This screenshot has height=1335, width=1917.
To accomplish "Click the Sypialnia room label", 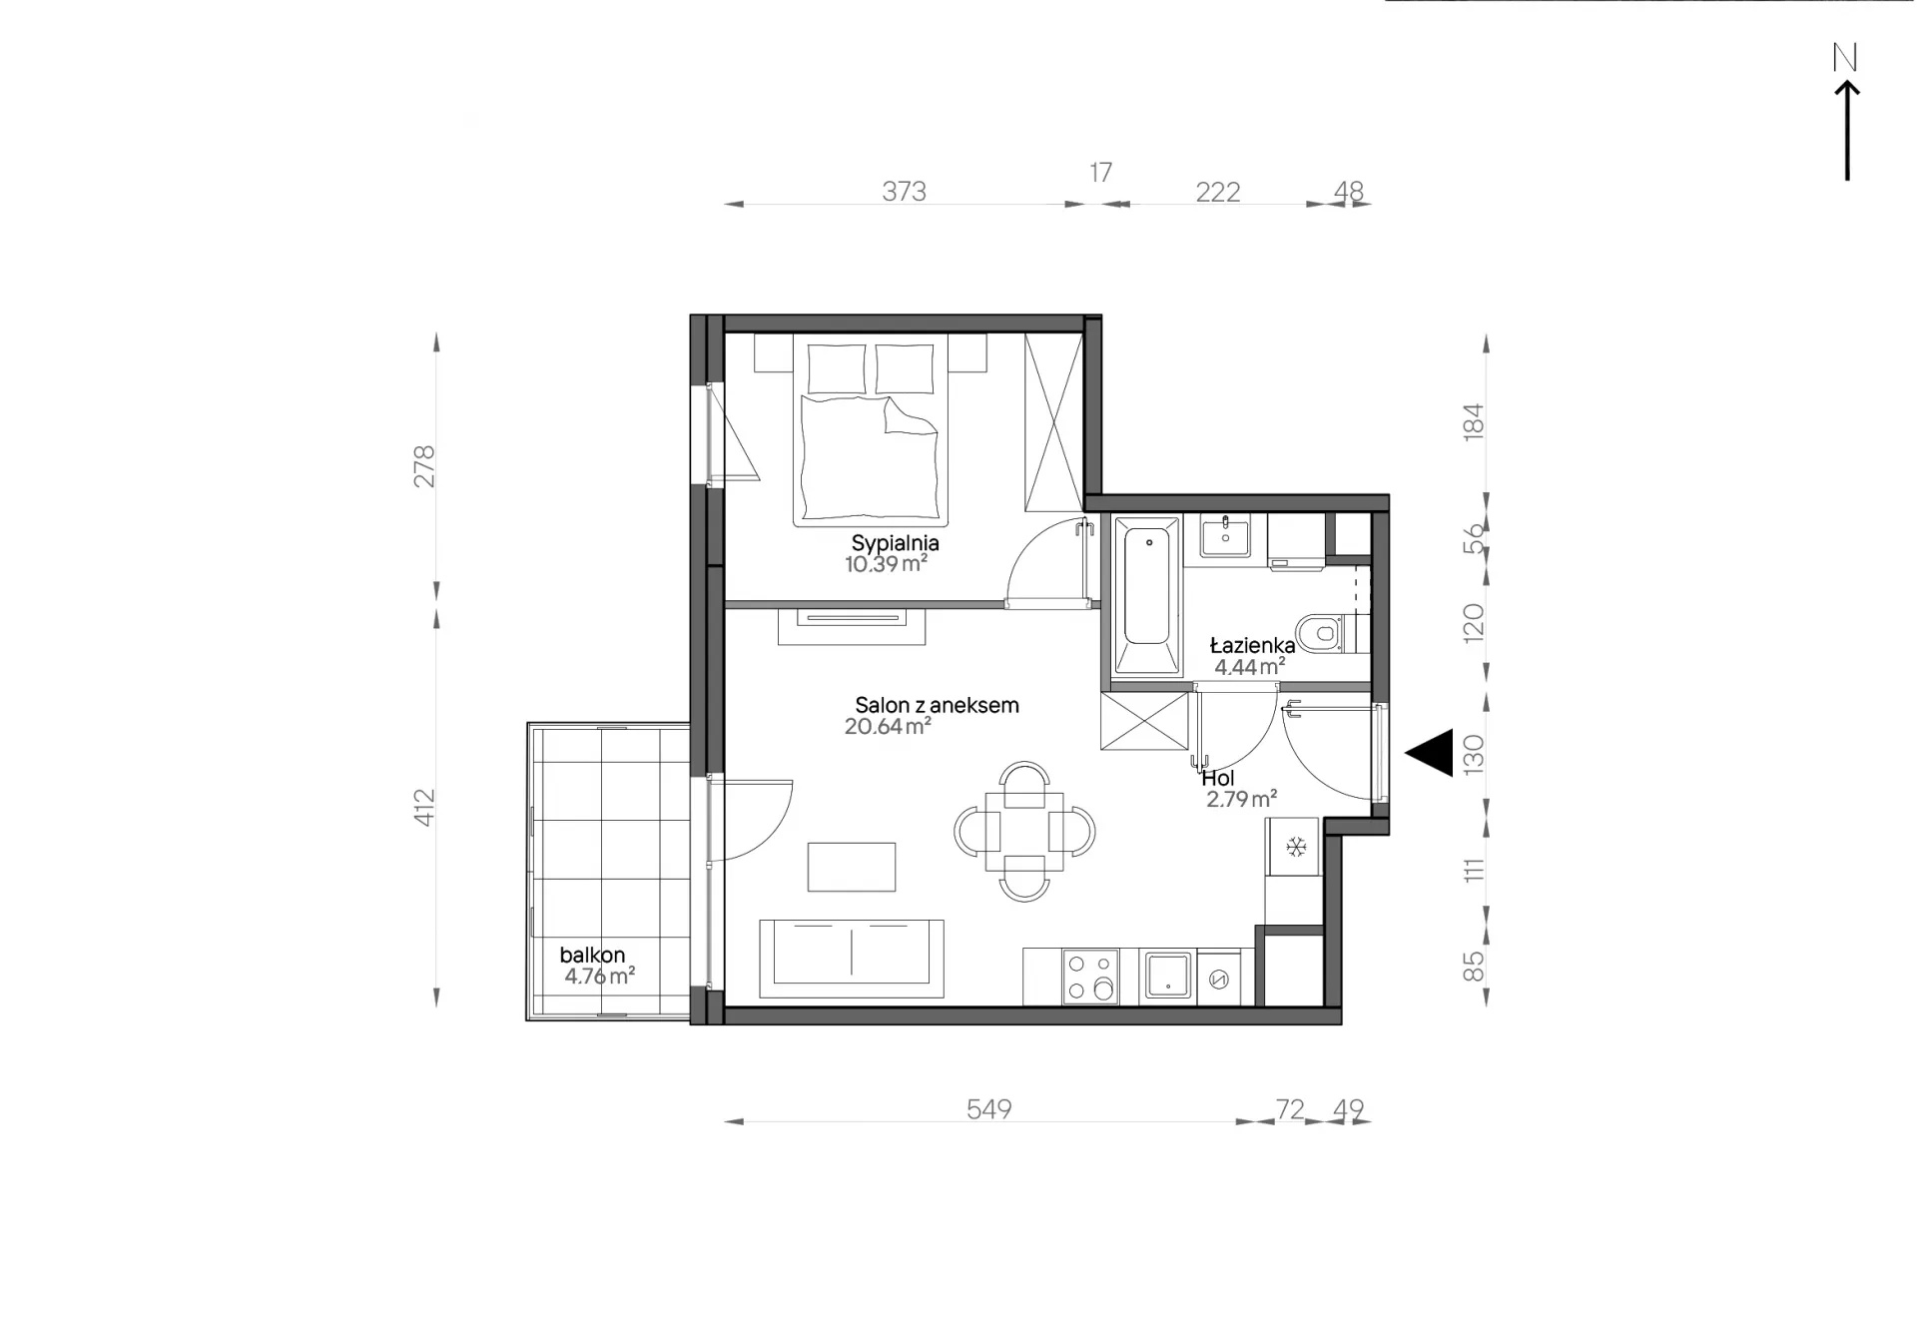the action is pyautogui.click(x=895, y=544).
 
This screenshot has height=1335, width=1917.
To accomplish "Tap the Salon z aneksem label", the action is pyautogui.click(x=937, y=705).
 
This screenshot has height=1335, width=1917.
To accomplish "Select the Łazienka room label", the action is pyautogui.click(x=1252, y=645).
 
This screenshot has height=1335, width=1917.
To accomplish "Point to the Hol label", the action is pyautogui.click(x=1218, y=778).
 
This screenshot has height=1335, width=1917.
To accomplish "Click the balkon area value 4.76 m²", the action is pyautogui.click(x=599, y=976).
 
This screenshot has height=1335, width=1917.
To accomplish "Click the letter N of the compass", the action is pyautogui.click(x=1845, y=58).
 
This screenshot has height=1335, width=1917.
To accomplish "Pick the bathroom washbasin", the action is pyautogui.click(x=1225, y=537).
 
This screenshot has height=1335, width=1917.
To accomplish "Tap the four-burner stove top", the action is pyautogui.click(x=1090, y=977).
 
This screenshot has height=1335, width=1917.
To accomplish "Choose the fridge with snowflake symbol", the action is pyautogui.click(x=1294, y=847).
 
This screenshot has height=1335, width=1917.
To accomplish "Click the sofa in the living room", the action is pyautogui.click(x=852, y=959).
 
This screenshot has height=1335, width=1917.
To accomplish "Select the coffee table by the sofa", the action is pyautogui.click(x=852, y=867).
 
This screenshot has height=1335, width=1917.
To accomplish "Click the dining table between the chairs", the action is pyautogui.click(x=1024, y=831).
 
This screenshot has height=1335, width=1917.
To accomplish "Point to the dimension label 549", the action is pyautogui.click(x=988, y=1109).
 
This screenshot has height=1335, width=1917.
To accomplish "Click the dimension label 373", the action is pyautogui.click(x=904, y=191).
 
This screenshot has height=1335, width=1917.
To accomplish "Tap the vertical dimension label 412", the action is pyautogui.click(x=424, y=808).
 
